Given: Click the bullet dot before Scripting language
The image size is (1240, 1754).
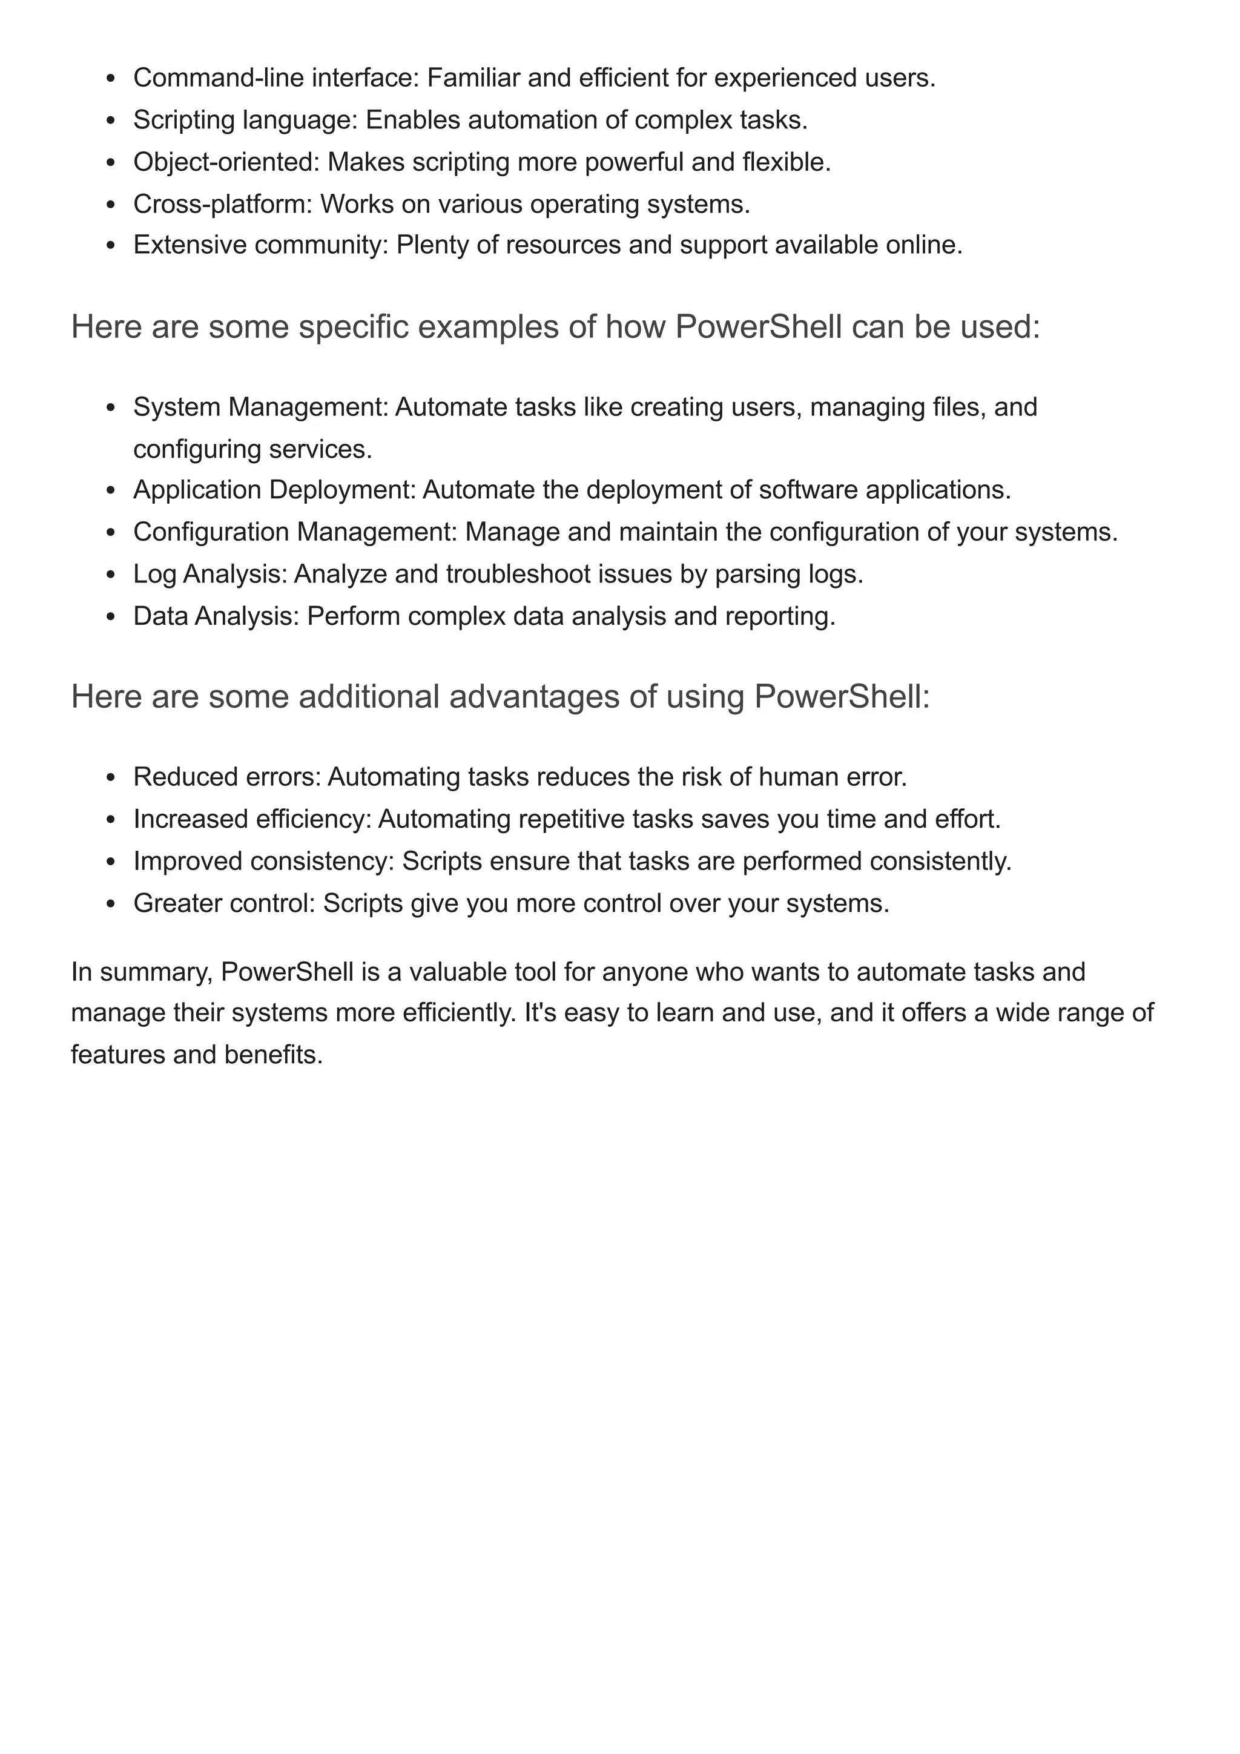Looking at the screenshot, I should [x=111, y=120].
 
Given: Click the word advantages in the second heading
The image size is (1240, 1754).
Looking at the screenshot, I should [x=534, y=697].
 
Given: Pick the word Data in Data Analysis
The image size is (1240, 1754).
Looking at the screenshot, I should [x=160, y=616].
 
